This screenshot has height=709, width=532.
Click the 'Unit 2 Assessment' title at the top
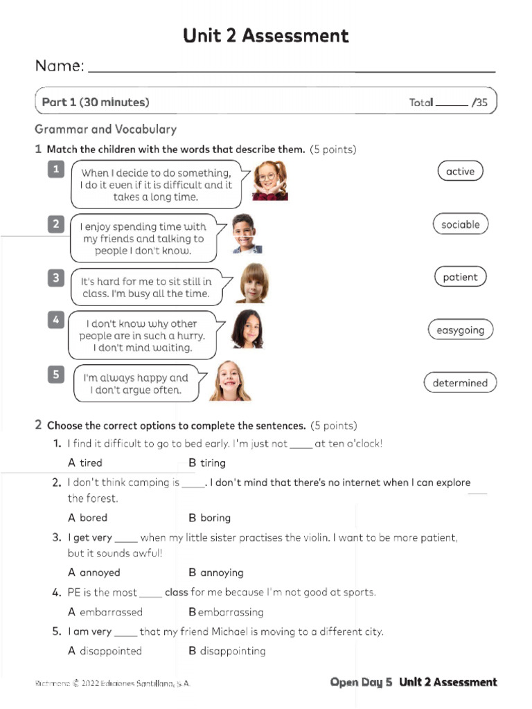[266, 35]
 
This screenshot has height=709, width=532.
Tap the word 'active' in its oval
[460, 171]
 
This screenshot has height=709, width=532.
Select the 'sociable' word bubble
[460, 224]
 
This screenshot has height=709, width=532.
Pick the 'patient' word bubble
[460, 277]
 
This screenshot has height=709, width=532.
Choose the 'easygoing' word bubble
[460, 330]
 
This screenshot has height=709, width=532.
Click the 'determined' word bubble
[460, 383]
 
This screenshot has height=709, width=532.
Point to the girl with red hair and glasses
[269, 181]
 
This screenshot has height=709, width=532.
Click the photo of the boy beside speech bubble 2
[246, 233]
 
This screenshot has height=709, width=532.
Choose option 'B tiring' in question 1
[207, 463]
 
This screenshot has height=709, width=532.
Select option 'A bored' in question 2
[88, 517]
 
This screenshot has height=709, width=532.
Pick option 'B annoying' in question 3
[216, 573]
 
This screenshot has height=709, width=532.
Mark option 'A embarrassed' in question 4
[105, 612]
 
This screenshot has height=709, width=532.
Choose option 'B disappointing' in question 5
[227, 651]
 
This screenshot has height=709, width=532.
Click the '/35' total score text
[479, 102]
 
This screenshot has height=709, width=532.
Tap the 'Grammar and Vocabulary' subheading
[105, 129]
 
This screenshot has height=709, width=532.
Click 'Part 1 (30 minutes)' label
[96, 102]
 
